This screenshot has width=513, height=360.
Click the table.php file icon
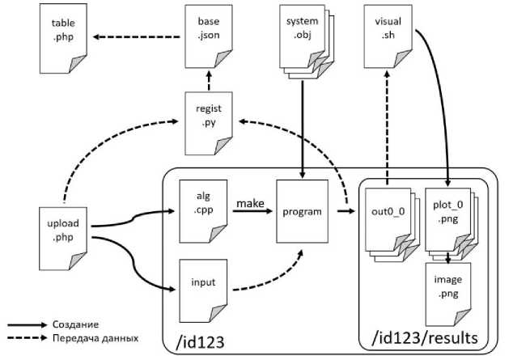(64, 37)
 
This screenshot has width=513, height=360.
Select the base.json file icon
(209, 37)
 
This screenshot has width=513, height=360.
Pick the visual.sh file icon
(387, 37)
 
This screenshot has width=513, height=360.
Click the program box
(301, 213)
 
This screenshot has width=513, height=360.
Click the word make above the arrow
(251, 202)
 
